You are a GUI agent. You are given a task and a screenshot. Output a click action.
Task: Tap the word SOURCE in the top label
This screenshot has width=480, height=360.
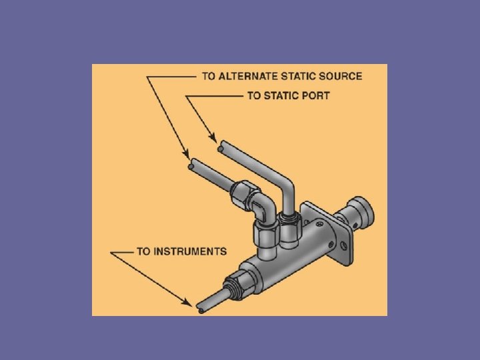(x=341, y=76)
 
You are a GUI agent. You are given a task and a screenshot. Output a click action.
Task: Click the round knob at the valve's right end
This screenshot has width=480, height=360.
(x=363, y=213)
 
